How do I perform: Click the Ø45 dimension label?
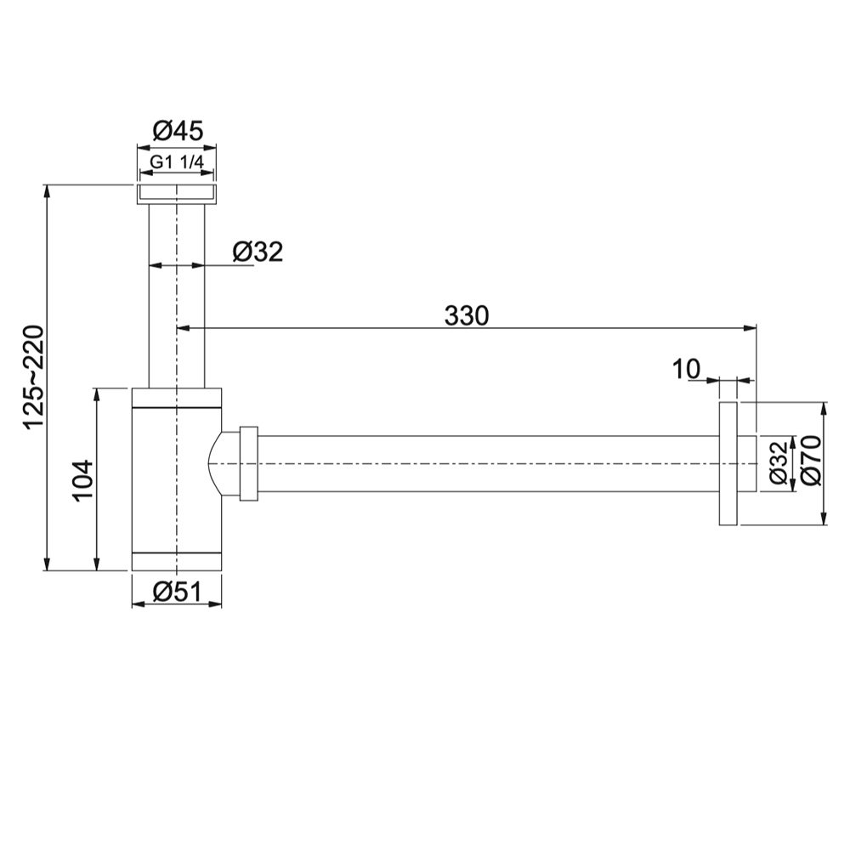coord(178,131)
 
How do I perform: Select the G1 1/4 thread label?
coord(177,161)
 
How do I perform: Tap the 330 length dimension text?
coord(466,315)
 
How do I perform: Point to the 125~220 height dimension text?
coord(33,377)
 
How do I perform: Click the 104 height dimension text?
coord(83,481)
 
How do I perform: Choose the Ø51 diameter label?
coord(178,592)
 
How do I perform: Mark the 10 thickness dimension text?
coord(686,369)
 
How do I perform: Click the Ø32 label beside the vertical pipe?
coord(258,252)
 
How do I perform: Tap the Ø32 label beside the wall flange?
coord(778,462)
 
